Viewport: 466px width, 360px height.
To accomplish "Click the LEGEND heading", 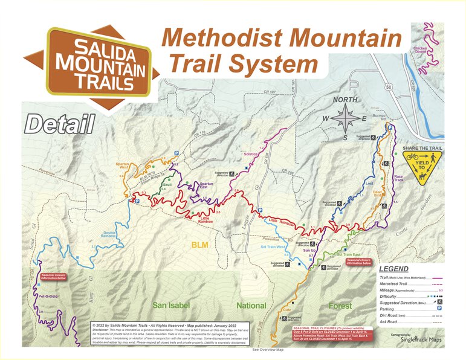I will (x=393, y=269).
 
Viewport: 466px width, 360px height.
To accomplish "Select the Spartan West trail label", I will (x=124, y=165).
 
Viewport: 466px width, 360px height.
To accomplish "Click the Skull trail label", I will (x=167, y=185).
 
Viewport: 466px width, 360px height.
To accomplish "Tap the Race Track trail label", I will (x=398, y=178).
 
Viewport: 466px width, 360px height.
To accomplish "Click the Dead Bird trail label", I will (x=377, y=194).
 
